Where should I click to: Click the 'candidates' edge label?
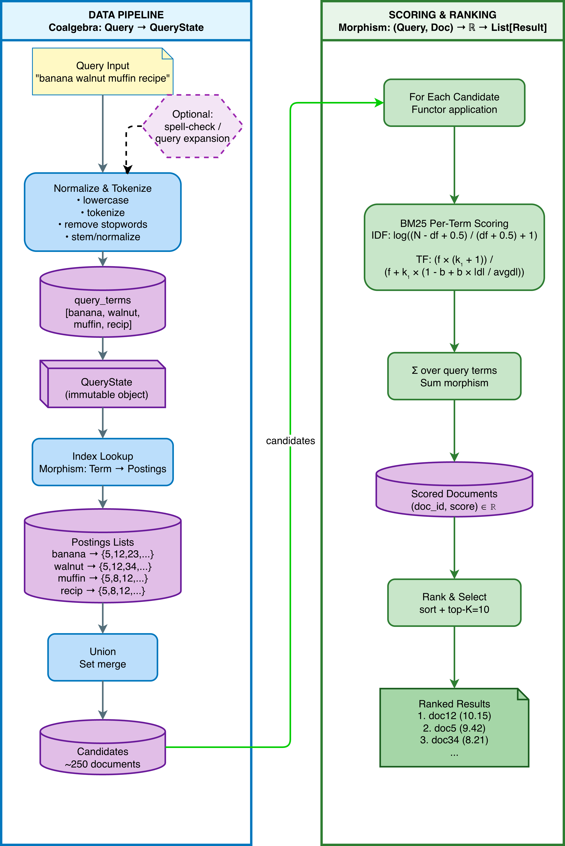pyautogui.click(x=291, y=440)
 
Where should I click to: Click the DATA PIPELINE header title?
pyautogui.click(x=126, y=15)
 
